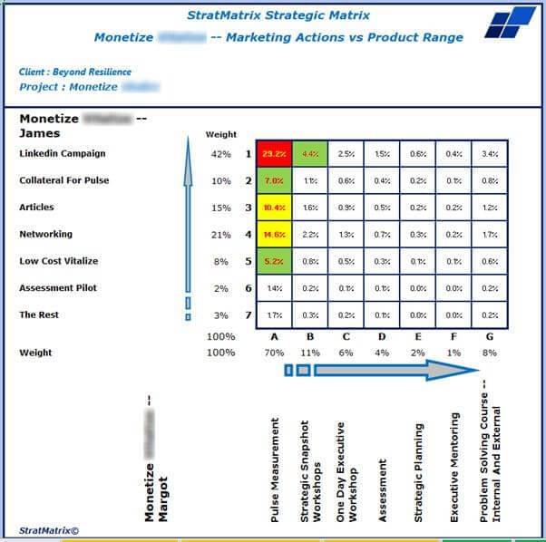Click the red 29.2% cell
(274, 154)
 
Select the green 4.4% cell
(310, 154)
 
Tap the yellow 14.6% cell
(274, 235)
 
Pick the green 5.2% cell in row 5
(274, 261)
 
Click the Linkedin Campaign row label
(63, 154)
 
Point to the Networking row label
(45, 234)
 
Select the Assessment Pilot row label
(58, 288)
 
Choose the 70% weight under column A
(274, 353)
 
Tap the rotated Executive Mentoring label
(454, 467)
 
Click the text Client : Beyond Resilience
(75, 72)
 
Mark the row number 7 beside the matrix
(248, 315)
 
